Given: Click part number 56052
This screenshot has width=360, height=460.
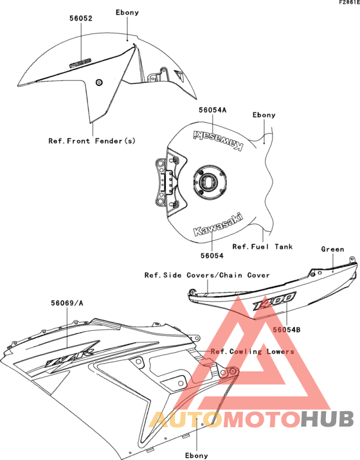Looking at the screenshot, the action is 81,18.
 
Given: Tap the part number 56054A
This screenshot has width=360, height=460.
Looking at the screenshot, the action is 213,110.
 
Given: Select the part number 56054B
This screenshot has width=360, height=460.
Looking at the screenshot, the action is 287,330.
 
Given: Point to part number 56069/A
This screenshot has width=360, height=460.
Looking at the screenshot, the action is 67,303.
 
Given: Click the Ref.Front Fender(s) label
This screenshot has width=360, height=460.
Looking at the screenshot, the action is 92,141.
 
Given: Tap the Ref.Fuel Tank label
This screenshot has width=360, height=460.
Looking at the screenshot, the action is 262,247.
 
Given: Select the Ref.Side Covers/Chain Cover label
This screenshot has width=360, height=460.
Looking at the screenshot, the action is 207,275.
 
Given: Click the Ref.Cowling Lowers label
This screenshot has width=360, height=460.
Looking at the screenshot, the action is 253,351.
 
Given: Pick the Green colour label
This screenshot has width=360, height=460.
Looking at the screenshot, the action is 332,249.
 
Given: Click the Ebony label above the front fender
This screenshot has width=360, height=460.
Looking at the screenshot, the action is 127,12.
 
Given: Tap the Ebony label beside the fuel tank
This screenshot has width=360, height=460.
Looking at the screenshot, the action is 264,115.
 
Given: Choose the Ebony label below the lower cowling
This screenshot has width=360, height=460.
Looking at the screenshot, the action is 197,456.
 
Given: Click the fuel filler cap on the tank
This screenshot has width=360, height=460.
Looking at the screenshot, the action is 210,182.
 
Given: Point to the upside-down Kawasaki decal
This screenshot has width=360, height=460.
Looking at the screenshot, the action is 218,140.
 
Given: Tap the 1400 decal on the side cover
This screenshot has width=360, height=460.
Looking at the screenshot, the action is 274,301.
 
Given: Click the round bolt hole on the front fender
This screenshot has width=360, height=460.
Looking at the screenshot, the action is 99,82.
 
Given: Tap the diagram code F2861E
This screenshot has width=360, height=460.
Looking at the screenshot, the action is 350,3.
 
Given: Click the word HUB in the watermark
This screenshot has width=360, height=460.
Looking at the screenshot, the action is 328,419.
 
